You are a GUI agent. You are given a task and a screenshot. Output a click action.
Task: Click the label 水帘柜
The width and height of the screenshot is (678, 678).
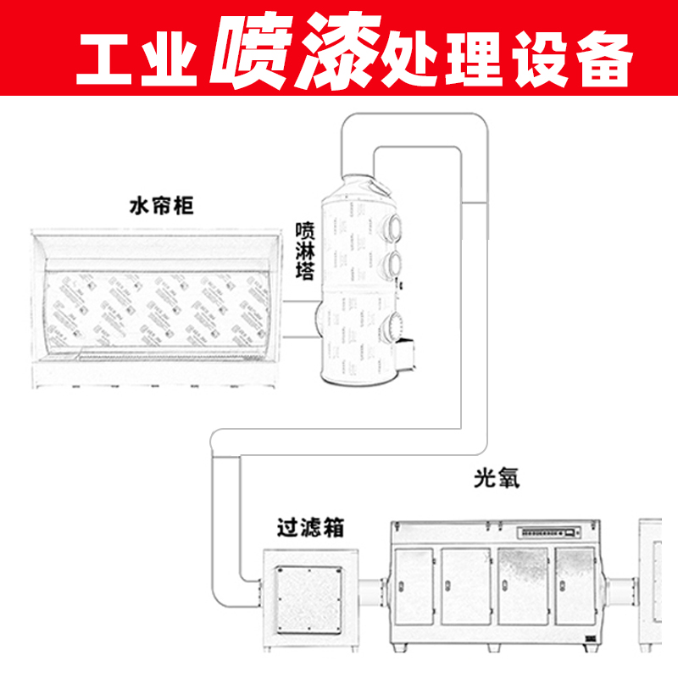pyautogui.click(x=161, y=206)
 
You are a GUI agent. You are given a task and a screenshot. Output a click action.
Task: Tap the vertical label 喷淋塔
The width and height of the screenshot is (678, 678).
pyautogui.click(x=305, y=251)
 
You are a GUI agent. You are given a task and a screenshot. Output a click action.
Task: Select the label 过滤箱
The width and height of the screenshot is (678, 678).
pyautogui.click(x=310, y=527)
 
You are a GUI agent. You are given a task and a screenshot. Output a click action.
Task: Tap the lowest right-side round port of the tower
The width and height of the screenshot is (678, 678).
pyautogui.click(x=395, y=324)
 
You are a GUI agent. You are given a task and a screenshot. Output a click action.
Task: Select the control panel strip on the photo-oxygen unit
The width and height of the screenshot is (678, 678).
pyautogui.click(x=547, y=533)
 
